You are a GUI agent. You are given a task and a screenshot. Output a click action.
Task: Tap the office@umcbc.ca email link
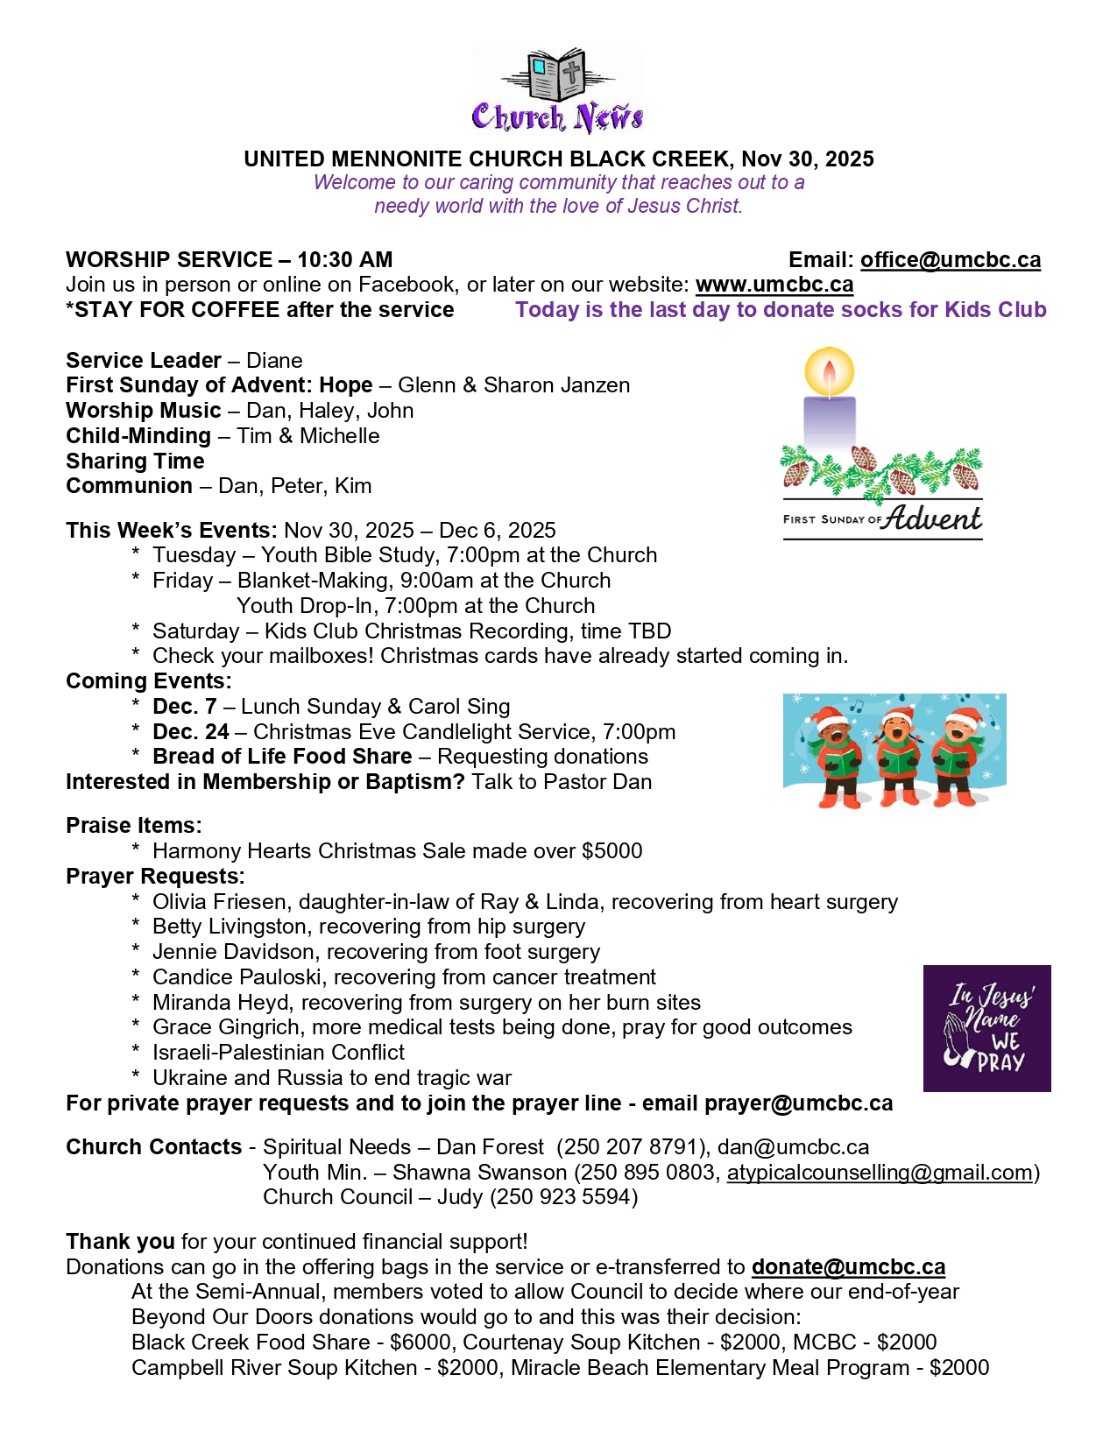coord(950,260)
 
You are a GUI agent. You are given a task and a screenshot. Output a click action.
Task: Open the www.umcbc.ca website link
coord(774,285)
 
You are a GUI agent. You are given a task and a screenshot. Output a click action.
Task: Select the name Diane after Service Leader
coord(274,361)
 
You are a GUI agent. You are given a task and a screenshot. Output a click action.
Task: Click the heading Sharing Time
coord(135,462)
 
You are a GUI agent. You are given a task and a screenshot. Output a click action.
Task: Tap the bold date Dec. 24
coord(191,732)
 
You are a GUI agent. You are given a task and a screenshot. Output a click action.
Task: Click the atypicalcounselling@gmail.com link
coord(880,1173)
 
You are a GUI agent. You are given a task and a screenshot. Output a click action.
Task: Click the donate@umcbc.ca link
coord(848,1267)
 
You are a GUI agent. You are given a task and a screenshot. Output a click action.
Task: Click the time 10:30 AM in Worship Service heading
coord(344,260)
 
